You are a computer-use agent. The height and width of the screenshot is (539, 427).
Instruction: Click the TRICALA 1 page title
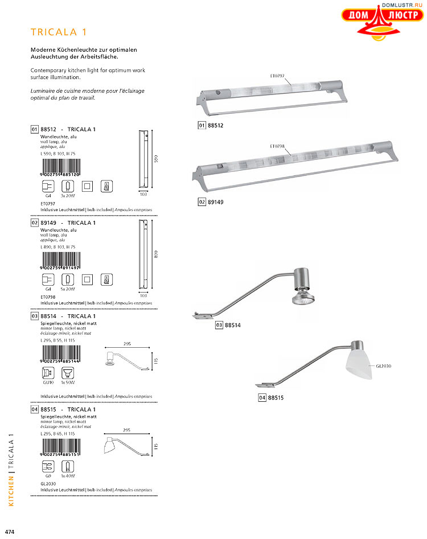pyautogui.click(x=59, y=32)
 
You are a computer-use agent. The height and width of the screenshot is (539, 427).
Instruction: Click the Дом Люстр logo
pyautogui.click(x=376, y=22)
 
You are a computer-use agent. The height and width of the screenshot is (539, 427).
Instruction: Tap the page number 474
pyautogui.click(x=9, y=532)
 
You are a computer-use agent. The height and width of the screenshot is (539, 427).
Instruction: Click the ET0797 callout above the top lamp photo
pyautogui.click(x=277, y=75)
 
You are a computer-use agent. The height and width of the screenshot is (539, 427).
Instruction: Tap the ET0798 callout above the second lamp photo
pyautogui.click(x=277, y=146)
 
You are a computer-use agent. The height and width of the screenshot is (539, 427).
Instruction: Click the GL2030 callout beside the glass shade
pyautogui.click(x=383, y=366)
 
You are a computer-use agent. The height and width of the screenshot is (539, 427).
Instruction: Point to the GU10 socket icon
pyautogui.click(x=48, y=374)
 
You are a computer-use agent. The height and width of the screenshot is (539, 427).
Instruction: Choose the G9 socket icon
pyautogui.click(x=48, y=467)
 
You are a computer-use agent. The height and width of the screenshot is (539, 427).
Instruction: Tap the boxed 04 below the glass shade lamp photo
pyautogui.click(x=262, y=398)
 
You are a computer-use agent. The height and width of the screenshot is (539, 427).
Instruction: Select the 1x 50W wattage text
pyautogui.click(x=68, y=383)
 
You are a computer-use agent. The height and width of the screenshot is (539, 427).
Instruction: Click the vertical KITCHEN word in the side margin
pyautogui.click(x=11, y=491)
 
